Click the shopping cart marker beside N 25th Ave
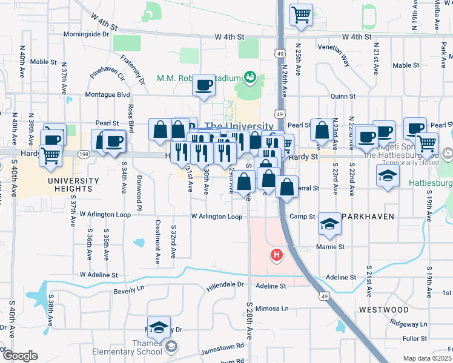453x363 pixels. tap(301, 15)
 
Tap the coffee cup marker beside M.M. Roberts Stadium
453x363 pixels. tap(203, 84)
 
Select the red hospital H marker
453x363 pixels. tap(277, 255)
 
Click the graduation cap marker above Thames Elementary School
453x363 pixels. tap(159, 327)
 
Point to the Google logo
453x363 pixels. tap(20, 356)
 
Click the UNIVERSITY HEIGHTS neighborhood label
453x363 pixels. tap(74, 186)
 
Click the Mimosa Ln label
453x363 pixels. tap(272, 308)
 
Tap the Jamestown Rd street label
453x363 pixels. tap(223, 346)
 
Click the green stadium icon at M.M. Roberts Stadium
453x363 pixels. tap(249, 77)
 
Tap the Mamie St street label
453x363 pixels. tap(331, 247)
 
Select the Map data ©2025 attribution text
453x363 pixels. tap(427, 358)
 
